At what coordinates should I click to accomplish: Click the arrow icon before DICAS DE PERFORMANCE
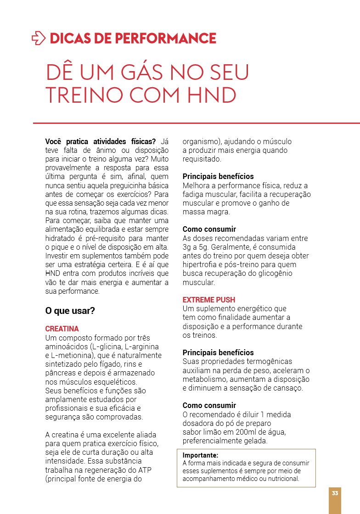[x=39, y=38]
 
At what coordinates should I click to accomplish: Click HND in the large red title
[x=213, y=95]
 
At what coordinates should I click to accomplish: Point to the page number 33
[x=335, y=493]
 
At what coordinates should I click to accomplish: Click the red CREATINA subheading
[x=62, y=329]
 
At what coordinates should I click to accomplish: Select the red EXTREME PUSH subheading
[x=209, y=300]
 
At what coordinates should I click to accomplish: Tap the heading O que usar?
[x=70, y=311]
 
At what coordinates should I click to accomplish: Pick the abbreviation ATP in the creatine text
[x=144, y=470]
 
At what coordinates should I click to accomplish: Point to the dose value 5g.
[x=203, y=247]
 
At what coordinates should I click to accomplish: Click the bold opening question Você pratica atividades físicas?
[x=101, y=141]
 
